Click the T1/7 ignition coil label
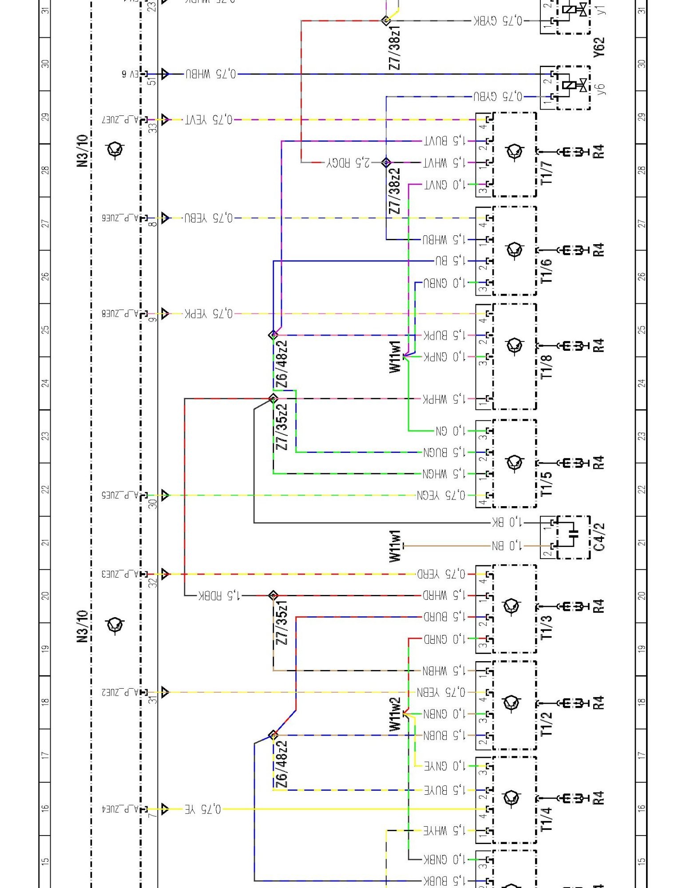(x=547, y=173)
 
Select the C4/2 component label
(x=599, y=537)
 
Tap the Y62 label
(x=599, y=47)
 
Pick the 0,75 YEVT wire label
(x=209, y=119)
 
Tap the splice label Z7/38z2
(x=394, y=191)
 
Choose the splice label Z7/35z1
(x=282, y=622)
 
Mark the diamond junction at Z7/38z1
(x=386, y=20)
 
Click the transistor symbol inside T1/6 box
(x=515, y=250)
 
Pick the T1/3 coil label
(x=547, y=627)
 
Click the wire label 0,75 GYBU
(x=498, y=96)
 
